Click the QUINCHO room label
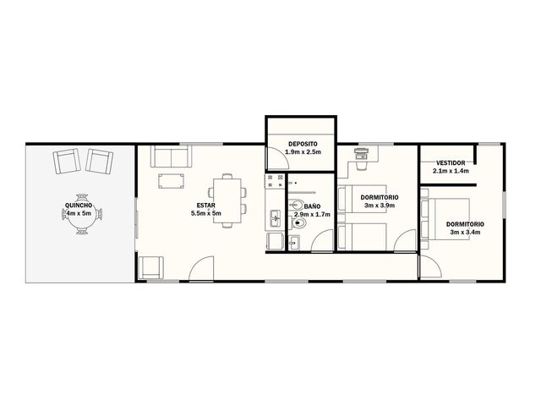[x=79, y=206]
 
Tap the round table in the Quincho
[x=82, y=215]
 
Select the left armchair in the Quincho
[x=67, y=162]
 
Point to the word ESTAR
[x=206, y=206]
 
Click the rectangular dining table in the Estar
[x=227, y=200]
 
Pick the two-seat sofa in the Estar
[x=171, y=156]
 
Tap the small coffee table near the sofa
[x=171, y=181]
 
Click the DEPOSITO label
[x=303, y=144]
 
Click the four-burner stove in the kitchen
[x=275, y=181]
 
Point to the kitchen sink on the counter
[x=275, y=218]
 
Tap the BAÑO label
[x=312, y=206]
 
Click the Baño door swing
[x=322, y=240]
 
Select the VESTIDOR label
[x=451, y=163]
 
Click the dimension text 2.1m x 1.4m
[x=451, y=171]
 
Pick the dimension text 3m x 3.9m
[x=380, y=206]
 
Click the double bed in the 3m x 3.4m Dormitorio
[x=445, y=219]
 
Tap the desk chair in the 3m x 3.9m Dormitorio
[x=361, y=166]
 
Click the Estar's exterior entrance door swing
[x=201, y=268]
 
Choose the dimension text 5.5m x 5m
[x=206, y=213]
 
